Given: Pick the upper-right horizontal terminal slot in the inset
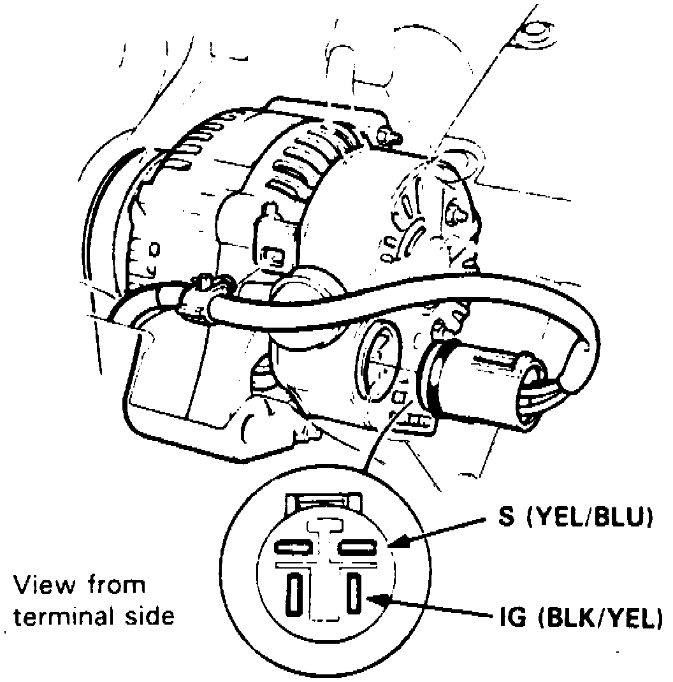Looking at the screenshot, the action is (359, 547).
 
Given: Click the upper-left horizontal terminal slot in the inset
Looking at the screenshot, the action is (293, 547).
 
